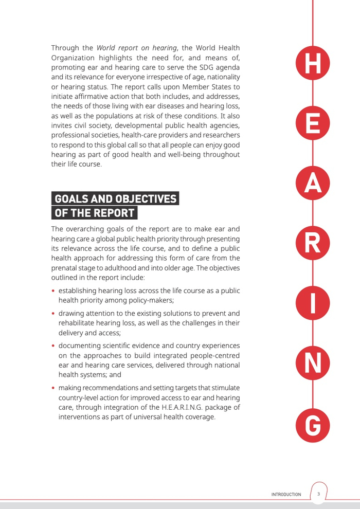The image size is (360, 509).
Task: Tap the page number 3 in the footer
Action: (318, 494)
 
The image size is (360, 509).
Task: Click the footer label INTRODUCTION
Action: (286, 494)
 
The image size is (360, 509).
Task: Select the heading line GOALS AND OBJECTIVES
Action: (116, 198)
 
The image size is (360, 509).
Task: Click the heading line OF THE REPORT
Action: (95, 212)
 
